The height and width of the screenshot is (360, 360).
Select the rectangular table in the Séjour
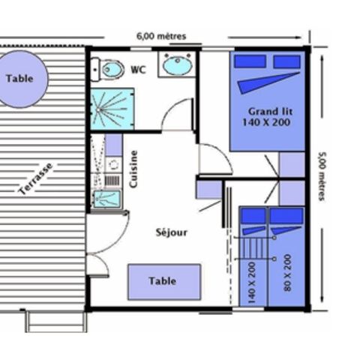(163, 281)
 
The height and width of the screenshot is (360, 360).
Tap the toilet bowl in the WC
(112, 70)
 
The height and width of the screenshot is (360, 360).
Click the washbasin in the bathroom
(177, 66)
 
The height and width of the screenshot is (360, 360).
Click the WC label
(138, 70)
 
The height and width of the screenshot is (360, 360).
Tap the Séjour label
(172, 232)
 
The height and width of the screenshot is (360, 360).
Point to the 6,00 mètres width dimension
(160, 35)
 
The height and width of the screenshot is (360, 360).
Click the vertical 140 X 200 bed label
(251, 277)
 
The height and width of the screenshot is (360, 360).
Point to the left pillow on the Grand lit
(247, 61)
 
